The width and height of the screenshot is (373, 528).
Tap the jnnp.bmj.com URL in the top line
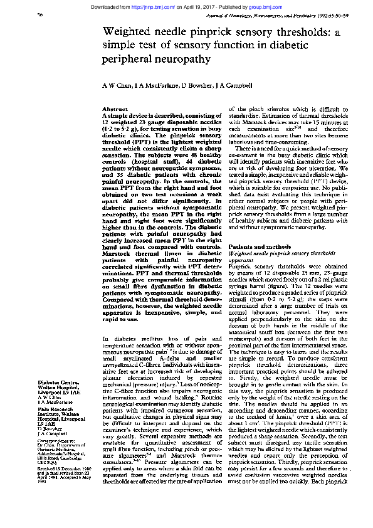point(158,6)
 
